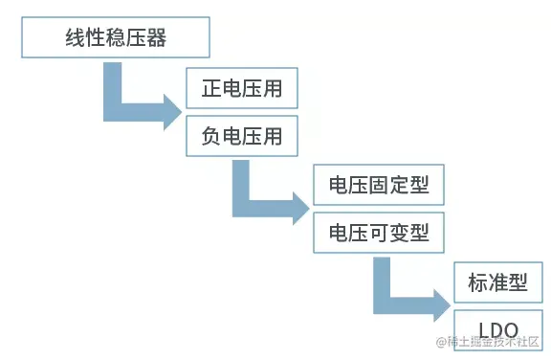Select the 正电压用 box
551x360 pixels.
[x=242, y=89]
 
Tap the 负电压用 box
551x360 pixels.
[x=242, y=137]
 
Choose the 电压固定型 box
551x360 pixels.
[x=379, y=185]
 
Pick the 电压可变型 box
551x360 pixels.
[x=379, y=233]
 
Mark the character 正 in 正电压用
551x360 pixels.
[x=211, y=89]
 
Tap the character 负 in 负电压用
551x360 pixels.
[x=211, y=137]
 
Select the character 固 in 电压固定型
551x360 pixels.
[x=379, y=185]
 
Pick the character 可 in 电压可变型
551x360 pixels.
[x=379, y=233]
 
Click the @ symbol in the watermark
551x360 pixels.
[x=441, y=342]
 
